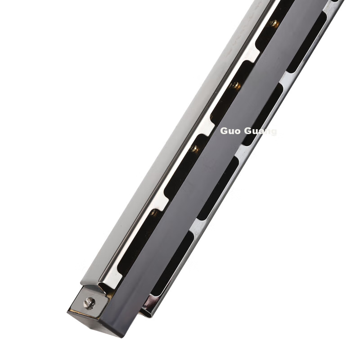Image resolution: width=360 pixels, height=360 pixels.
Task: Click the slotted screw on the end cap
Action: [x=89, y=303]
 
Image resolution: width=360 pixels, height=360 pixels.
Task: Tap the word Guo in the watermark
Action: [x=231, y=131]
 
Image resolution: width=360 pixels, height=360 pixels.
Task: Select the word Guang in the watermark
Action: [x=261, y=131]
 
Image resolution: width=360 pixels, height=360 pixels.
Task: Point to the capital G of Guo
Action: [x=224, y=131]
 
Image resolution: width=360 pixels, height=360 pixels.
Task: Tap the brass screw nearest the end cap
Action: [x=154, y=213]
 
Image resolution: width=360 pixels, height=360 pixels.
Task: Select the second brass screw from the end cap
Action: [x=195, y=149]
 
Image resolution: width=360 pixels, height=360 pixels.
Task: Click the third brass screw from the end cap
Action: [x=235, y=86]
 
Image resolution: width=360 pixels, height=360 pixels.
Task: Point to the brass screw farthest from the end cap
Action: [x=274, y=23]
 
